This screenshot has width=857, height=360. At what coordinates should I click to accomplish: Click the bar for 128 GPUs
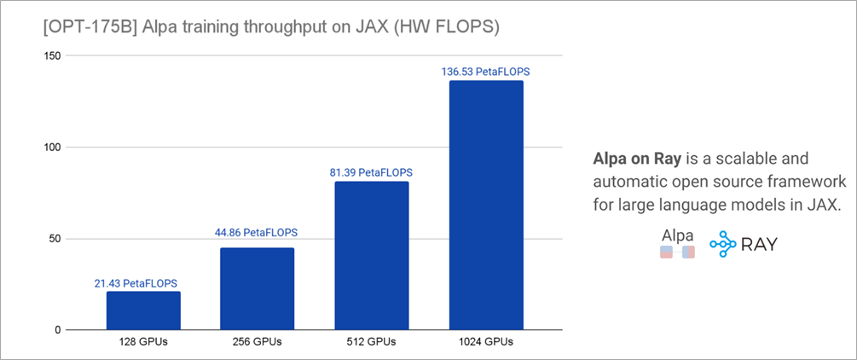[x=143, y=311]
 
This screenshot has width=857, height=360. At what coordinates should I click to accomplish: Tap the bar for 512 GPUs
[x=371, y=255]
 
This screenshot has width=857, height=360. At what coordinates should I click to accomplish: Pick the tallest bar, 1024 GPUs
[x=485, y=205]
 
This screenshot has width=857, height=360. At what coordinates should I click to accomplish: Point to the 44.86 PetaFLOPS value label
[x=257, y=232]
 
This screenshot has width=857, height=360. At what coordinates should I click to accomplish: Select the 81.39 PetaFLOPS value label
[x=371, y=172]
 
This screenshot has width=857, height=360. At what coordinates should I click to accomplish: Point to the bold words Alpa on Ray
[x=634, y=160]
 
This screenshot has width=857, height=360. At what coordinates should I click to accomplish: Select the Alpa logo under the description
[x=677, y=243]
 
